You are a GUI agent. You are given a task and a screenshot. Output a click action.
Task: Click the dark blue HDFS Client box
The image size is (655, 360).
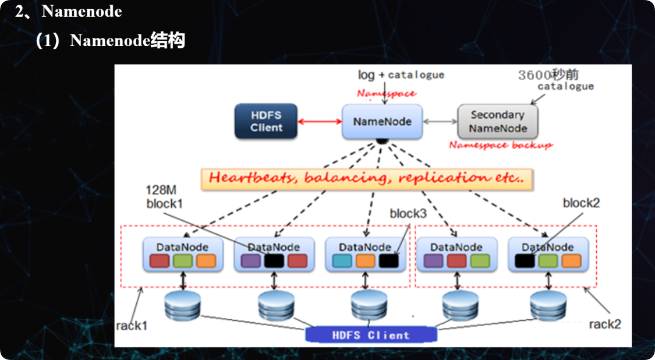[x=266, y=121]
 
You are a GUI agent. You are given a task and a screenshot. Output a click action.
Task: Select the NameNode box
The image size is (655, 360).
[x=382, y=122]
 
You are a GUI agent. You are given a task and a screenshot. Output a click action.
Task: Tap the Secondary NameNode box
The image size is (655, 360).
[x=498, y=122]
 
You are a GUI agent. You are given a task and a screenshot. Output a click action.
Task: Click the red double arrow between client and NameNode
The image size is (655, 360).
[x=320, y=122]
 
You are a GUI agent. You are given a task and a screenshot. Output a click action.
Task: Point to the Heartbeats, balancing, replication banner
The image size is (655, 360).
[x=367, y=179]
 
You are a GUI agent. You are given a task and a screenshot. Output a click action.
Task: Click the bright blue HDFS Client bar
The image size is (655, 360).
[x=371, y=335]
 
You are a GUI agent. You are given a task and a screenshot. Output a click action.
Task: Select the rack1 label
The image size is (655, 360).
[x=132, y=326]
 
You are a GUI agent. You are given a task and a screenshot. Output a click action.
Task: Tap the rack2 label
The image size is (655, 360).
[x=605, y=324]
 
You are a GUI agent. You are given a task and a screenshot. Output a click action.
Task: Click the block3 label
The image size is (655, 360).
[x=408, y=214]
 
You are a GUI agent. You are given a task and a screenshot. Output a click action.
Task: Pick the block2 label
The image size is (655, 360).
[x=581, y=203]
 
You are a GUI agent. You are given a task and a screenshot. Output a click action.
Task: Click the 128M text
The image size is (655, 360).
[x=161, y=190]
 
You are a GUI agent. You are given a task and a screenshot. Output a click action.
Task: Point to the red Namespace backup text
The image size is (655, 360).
[x=501, y=145]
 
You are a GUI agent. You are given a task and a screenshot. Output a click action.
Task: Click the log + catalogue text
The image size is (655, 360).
[x=401, y=75]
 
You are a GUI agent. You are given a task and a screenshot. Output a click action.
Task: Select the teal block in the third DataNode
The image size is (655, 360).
[x=342, y=261]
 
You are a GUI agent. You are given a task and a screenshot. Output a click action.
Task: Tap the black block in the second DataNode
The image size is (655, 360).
[x=274, y=261]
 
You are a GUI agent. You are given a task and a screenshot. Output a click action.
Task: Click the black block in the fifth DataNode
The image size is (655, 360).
[x=525, y=261]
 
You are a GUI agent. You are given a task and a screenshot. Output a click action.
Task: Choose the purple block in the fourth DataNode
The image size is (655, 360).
[x=434, y=261]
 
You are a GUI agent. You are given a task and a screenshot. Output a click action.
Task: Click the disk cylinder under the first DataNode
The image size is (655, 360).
[x=183, y=306]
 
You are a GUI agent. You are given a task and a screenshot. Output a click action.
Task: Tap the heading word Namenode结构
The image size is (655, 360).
[x=128, y=41]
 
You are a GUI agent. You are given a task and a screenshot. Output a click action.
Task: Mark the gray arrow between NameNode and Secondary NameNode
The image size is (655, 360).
[x=440, y=122]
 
